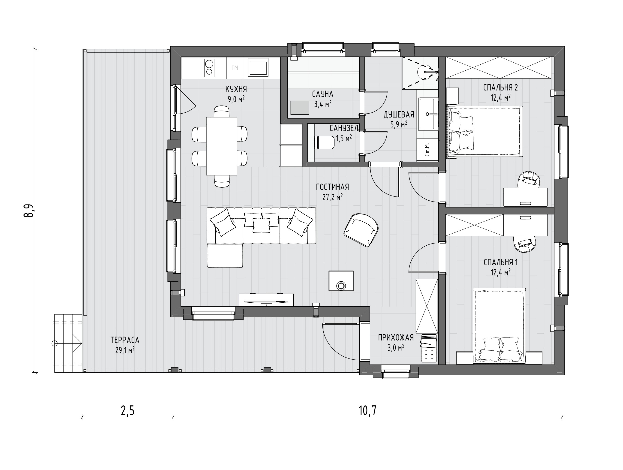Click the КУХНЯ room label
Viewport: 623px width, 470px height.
236,89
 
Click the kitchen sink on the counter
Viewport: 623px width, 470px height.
257,68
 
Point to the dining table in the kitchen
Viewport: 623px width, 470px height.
222,146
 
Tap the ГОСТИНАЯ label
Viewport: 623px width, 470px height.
332,187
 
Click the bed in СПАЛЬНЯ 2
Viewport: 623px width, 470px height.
485,131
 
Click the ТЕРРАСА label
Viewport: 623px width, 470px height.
125,340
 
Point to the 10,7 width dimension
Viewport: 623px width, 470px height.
367,411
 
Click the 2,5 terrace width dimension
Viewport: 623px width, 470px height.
127,411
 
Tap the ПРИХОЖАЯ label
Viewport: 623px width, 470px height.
396,337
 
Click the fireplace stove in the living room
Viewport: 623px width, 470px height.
341,281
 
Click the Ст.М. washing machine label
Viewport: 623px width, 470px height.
427,150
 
